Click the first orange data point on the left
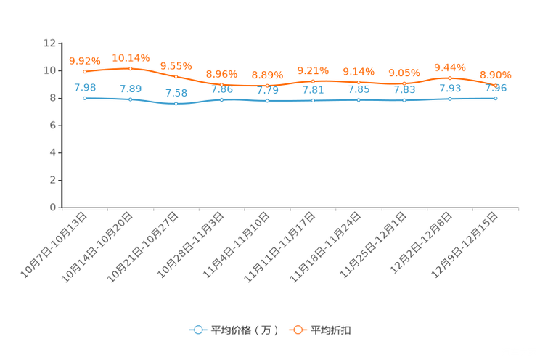tap(85, 71)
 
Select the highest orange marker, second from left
tap(131, 68)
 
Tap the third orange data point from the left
tap(176, 76)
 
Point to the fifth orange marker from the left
tap(267, 86)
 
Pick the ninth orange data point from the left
tap(450, 78)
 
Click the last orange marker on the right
tap(496, 86)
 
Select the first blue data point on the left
tap(85, 98)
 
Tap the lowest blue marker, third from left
tap(176, 104)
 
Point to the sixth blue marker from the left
tap(313, 101)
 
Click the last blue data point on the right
tap(496, 99)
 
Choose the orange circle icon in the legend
tap(298, 330)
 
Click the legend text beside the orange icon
tap(332, 330)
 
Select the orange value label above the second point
tap(131, 57)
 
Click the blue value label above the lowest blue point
tap(176, 93)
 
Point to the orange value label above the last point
tap(496, 75)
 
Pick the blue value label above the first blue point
tap(85, 87)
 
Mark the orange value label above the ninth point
tap(450, 67)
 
